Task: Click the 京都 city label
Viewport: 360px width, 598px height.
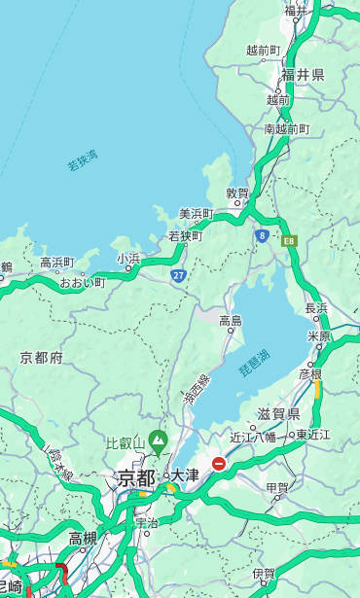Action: click(x=136, y=477)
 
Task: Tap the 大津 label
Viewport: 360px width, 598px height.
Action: click(x=185, y=475)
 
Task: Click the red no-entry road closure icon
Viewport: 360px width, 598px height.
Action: click(x=220, y=465)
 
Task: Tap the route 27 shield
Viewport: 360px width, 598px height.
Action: click(x=179, y=276)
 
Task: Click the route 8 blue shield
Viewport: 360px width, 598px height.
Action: click(x=263, y=235)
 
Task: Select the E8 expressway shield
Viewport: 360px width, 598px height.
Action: click(x=289, y=239)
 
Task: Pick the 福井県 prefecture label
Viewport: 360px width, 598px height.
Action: click(x=303, y=74)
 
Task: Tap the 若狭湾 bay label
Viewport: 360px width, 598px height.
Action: click(x=83, y=160)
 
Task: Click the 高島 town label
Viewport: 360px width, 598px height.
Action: click(x=230, y=320)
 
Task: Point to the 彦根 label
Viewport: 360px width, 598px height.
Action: click(x=309, y=372)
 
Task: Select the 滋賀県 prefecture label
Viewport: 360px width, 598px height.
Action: click(x=278, y=413)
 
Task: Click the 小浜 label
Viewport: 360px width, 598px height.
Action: click(x=128, y=259)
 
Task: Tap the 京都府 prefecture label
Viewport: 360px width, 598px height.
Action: click(x=42, y=358)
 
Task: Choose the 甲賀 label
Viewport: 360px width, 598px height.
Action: click(x=277, y=488)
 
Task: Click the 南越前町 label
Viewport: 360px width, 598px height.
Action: click(x=286, y=128)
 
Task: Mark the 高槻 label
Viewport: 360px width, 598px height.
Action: click(x=83, y=538)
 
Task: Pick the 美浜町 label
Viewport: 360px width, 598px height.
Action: click(x=197, y=213)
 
